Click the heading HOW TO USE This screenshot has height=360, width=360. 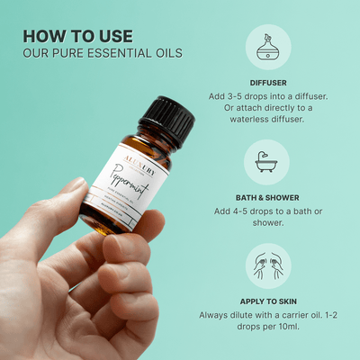point(77,36)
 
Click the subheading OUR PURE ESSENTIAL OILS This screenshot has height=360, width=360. point(102,53)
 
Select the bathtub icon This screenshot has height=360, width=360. point(266,161)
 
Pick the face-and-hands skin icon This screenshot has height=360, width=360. point(266,265)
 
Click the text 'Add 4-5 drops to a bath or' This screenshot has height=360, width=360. point(266,211)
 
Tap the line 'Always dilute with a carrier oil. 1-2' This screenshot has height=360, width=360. point(266,316)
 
